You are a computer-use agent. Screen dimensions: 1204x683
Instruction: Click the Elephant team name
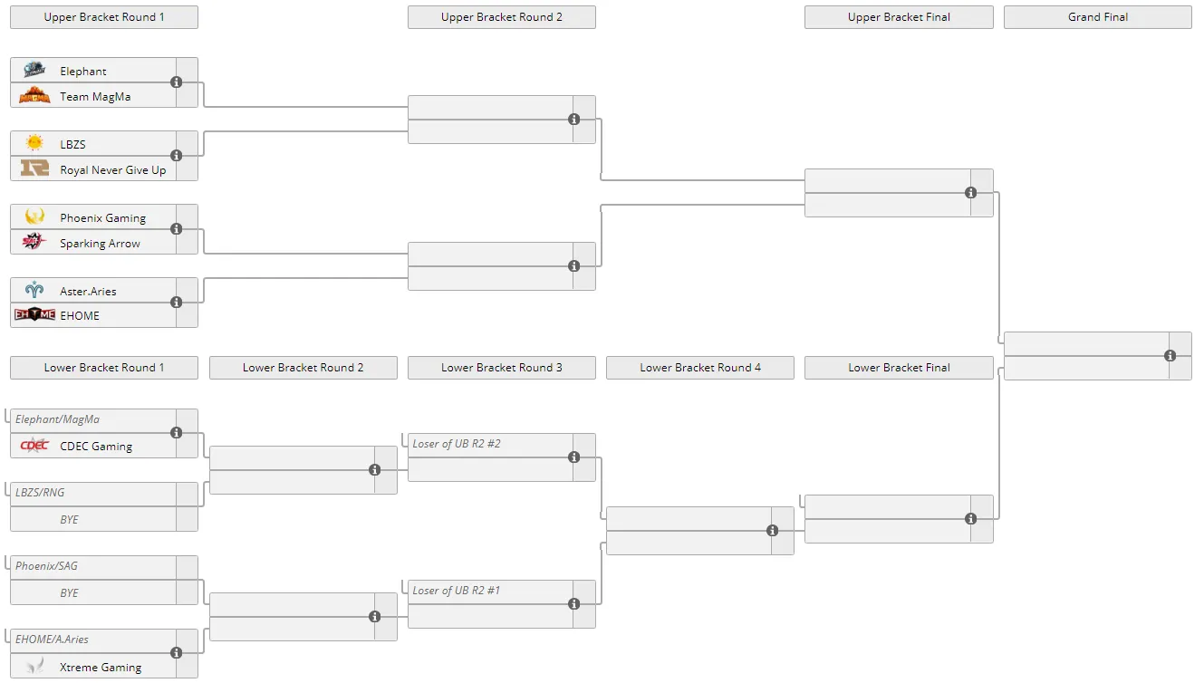point(82,71)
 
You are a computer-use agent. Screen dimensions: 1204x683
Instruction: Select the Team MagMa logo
point(34,95)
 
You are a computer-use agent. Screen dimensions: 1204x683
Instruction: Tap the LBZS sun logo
point(34,143)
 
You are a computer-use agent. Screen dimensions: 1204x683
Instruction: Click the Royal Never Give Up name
point(113,169)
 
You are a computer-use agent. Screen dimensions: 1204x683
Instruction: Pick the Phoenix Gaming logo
point(34,216)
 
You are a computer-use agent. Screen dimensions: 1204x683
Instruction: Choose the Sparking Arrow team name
point(100,244)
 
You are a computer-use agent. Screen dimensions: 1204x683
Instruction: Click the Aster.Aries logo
point(34,290)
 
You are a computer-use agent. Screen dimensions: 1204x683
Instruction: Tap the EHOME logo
point(34,314)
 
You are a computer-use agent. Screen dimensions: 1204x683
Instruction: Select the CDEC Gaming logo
point(34,446)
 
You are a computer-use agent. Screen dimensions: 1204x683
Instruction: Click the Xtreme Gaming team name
point(101,667)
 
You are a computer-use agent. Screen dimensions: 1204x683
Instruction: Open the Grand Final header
point(1098,17)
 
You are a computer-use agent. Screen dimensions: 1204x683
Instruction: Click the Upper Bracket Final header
point(899,17)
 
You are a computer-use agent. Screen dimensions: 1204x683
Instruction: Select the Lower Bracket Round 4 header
point(699,368)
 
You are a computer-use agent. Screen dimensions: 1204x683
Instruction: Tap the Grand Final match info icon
point(1170,356)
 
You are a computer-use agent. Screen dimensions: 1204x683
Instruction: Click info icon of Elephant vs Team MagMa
point(177,82)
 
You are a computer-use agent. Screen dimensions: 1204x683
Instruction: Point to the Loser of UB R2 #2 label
point(457,443)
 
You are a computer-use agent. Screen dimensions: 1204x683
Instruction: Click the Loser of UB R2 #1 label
point(457,590)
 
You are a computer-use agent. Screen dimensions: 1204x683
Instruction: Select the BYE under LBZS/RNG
point(69,519)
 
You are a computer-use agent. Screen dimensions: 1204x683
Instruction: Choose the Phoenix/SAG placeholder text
point(46,566)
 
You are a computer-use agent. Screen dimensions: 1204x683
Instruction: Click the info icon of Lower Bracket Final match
point(971,518)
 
